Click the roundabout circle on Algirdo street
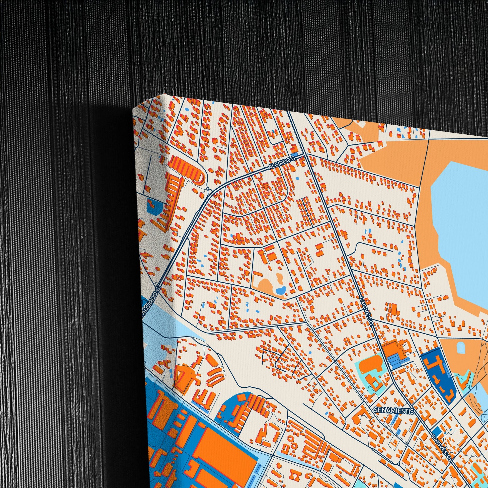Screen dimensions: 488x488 207,189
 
